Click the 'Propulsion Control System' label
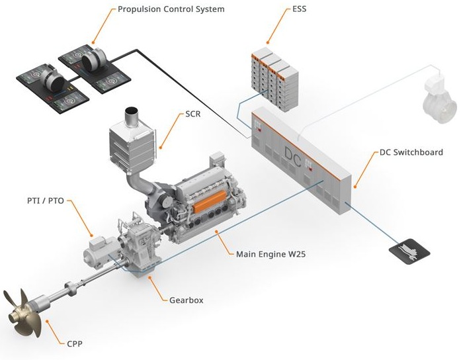pos(171,9)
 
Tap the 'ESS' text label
pos(300,9)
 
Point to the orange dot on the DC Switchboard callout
pos(356,188)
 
